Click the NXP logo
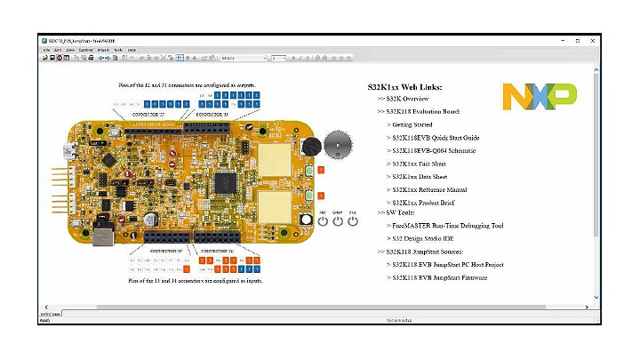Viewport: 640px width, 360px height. pos(540,96)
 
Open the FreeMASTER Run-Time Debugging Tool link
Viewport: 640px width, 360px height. pos(449,226)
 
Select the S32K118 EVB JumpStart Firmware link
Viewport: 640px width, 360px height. pos(444,277)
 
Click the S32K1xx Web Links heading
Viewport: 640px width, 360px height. pos(404,86)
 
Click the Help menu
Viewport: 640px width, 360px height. pos(132,50)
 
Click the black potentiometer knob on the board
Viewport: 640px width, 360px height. pos(309,148)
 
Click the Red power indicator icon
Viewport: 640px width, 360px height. pos(322,220)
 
